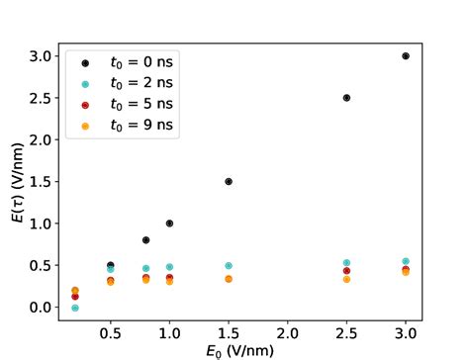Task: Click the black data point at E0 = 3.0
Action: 406,56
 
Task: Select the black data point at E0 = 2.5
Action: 346,98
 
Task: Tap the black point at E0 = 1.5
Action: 229,182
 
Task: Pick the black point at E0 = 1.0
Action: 169,224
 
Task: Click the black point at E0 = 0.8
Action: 146,240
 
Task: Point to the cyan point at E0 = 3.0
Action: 406,261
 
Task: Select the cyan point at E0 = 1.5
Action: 229,266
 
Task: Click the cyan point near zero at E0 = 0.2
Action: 75,308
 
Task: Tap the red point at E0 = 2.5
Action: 346,271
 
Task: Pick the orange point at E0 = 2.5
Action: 346,280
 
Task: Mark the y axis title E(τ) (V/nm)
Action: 15,182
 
